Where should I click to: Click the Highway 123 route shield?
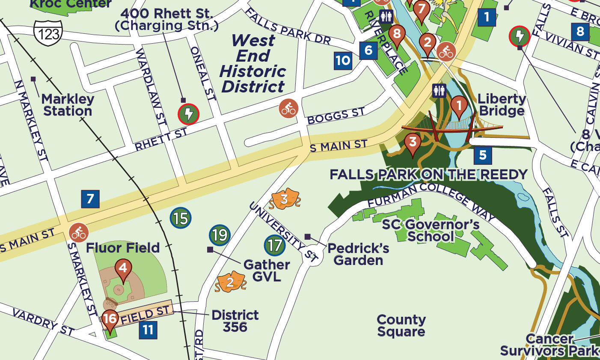click(x=48, y=32)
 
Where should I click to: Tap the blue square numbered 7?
click(x=90, y=199)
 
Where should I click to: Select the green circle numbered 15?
click(x=181, y=219)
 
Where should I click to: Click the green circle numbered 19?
click(x=220, y=235)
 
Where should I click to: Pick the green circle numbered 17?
click(x=275, y=245)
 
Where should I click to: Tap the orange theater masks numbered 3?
click(x=284, y=199)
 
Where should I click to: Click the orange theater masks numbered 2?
click(x=230, y=282)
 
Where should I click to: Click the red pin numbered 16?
click(x=110, y=319)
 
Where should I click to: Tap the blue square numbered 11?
click(x=148, y=330)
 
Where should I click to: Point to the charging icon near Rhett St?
click(x=188, y=114)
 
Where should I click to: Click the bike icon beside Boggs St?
click(x=289, y=108)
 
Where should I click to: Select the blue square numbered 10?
click(x=343, y=60)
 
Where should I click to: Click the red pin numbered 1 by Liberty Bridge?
click(x=459, y=105)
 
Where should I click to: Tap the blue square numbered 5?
click(x=483, y=155)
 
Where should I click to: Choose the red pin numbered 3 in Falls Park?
click(x=413, y=143)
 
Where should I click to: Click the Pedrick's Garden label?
click(x=358, y=254)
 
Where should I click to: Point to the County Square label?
click(x=401, y=325)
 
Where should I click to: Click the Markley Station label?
click(x=67, y=105)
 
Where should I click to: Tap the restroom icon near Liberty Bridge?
click(x=439, y=91)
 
